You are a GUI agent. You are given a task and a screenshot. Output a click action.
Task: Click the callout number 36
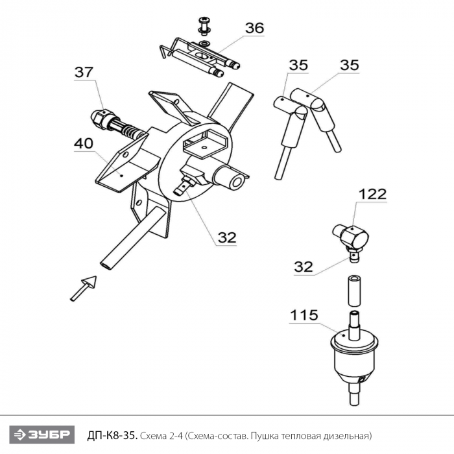click(254, 28)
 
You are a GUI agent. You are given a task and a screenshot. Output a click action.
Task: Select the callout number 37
click(84, 72)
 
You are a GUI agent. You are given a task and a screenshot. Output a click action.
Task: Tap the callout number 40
click(84, 143)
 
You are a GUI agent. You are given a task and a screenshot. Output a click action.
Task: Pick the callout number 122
click(372, 194)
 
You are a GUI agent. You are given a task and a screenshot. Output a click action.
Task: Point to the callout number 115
click(304, 315)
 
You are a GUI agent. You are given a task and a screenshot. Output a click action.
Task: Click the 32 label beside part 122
click(304, 267)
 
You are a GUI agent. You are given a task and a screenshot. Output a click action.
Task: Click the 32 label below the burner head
click(227, 237)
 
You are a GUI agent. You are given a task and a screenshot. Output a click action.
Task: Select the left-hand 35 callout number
click(298, 65)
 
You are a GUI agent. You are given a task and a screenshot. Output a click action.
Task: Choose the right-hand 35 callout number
click(349, 65)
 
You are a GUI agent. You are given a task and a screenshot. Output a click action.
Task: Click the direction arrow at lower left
click(84, 288)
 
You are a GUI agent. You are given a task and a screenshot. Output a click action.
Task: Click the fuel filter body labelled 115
click(354, 357)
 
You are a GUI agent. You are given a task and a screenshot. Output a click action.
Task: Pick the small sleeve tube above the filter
click(354, 291)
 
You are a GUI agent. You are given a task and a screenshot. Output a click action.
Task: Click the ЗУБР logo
click(42, 435)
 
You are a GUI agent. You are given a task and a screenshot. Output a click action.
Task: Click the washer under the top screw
click(205, 43)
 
